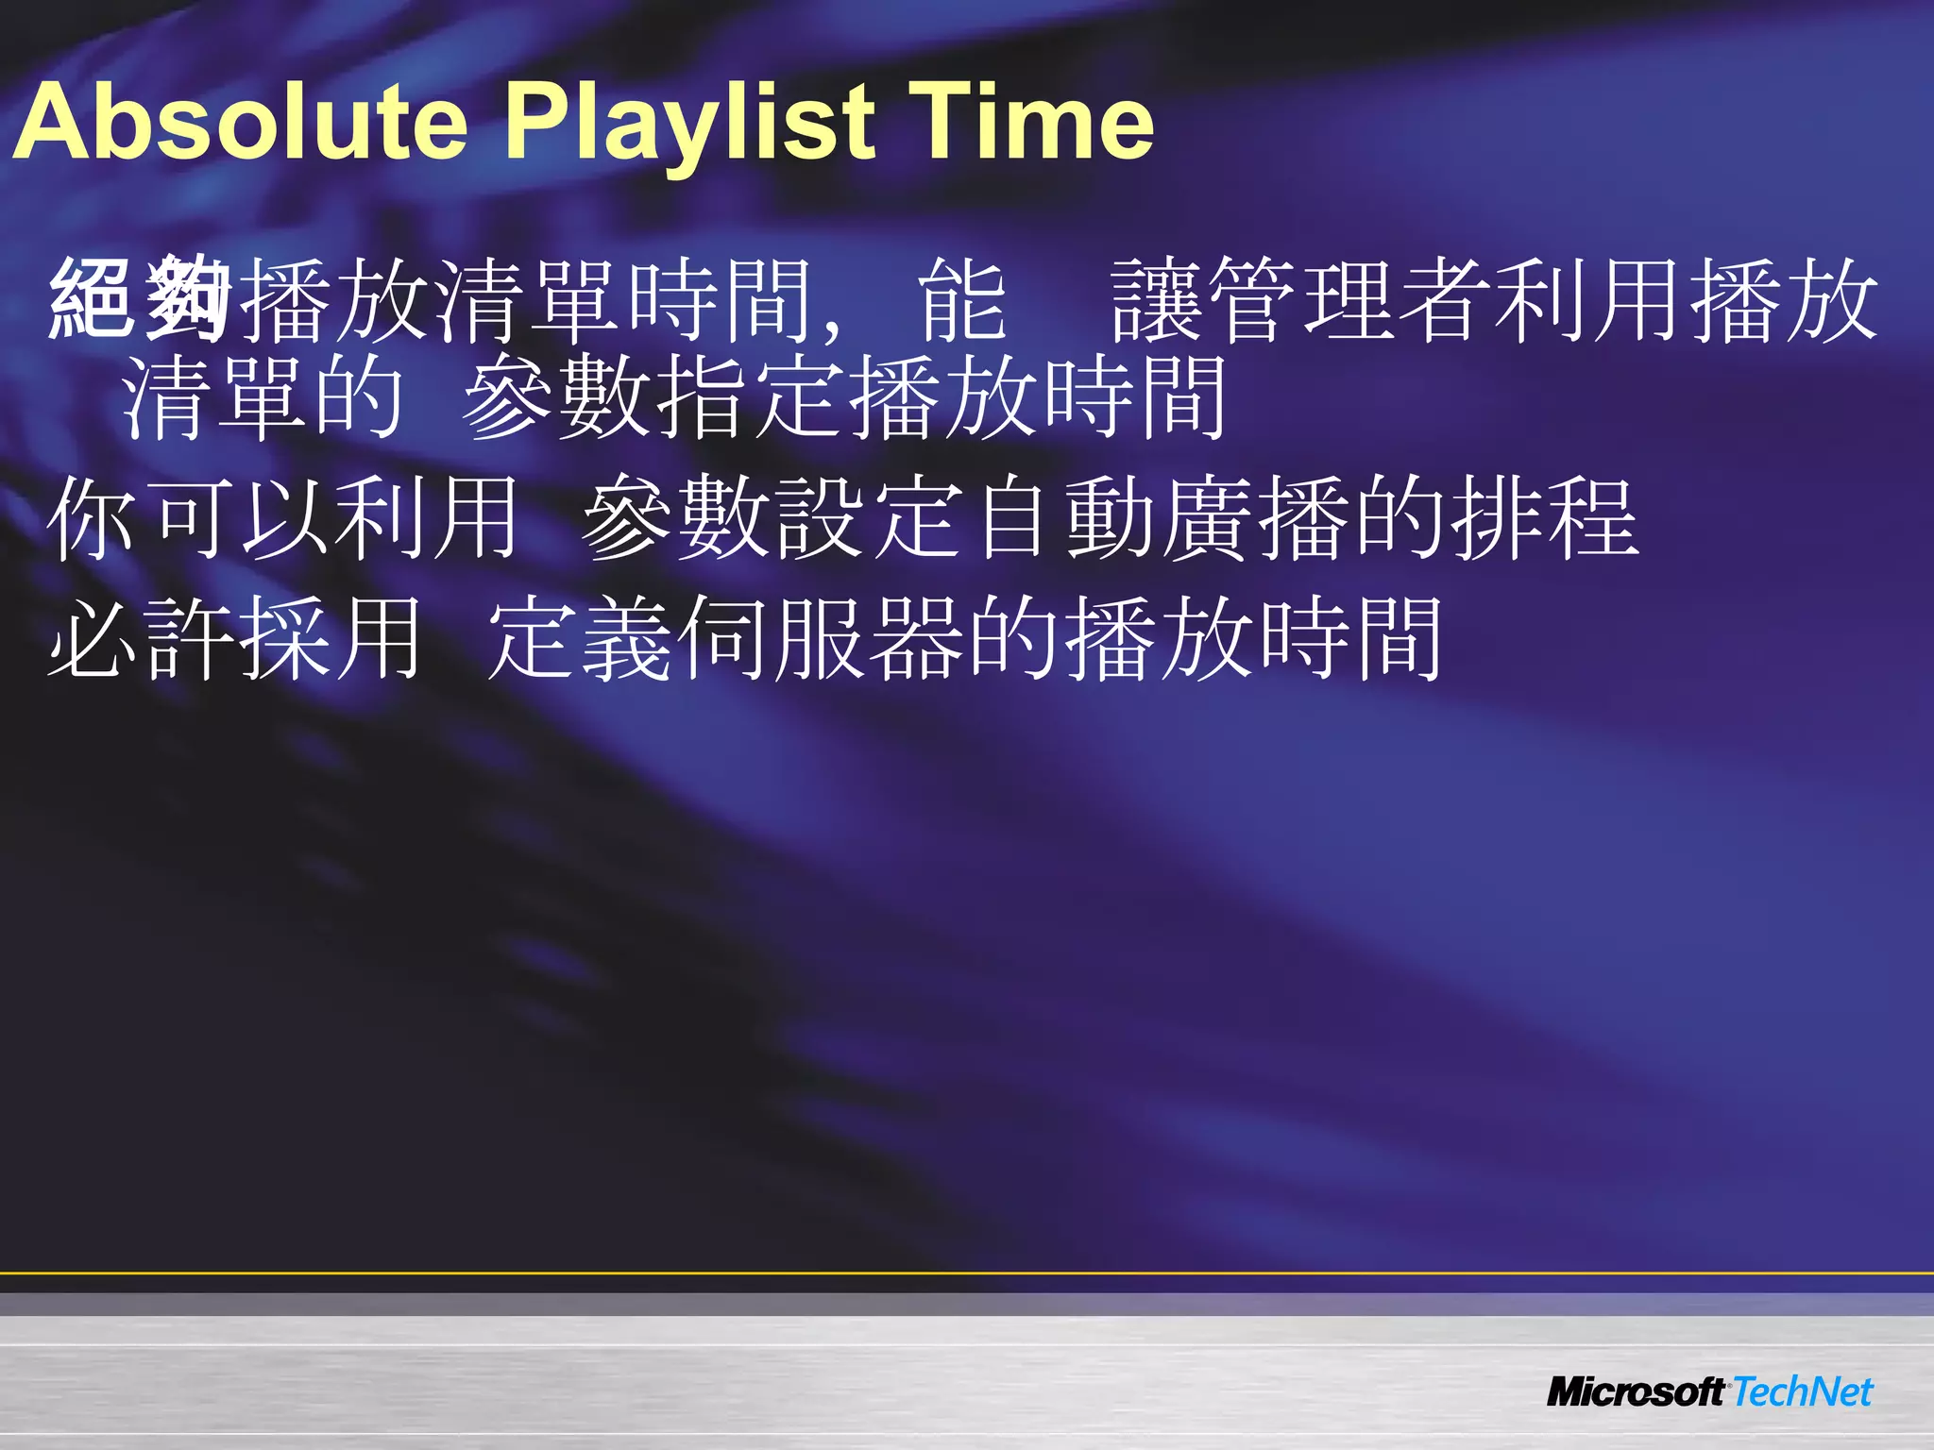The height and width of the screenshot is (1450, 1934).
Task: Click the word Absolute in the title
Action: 241,123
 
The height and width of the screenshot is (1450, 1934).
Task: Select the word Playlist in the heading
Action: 690,123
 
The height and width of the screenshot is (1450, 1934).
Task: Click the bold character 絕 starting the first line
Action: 92,299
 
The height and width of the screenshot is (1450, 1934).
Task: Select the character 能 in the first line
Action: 963,299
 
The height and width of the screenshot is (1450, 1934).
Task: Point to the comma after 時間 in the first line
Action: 832,326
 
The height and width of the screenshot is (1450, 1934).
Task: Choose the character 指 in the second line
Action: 703,397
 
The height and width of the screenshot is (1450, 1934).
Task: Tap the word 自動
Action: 1062,518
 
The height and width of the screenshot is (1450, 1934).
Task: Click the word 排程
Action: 1544,518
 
